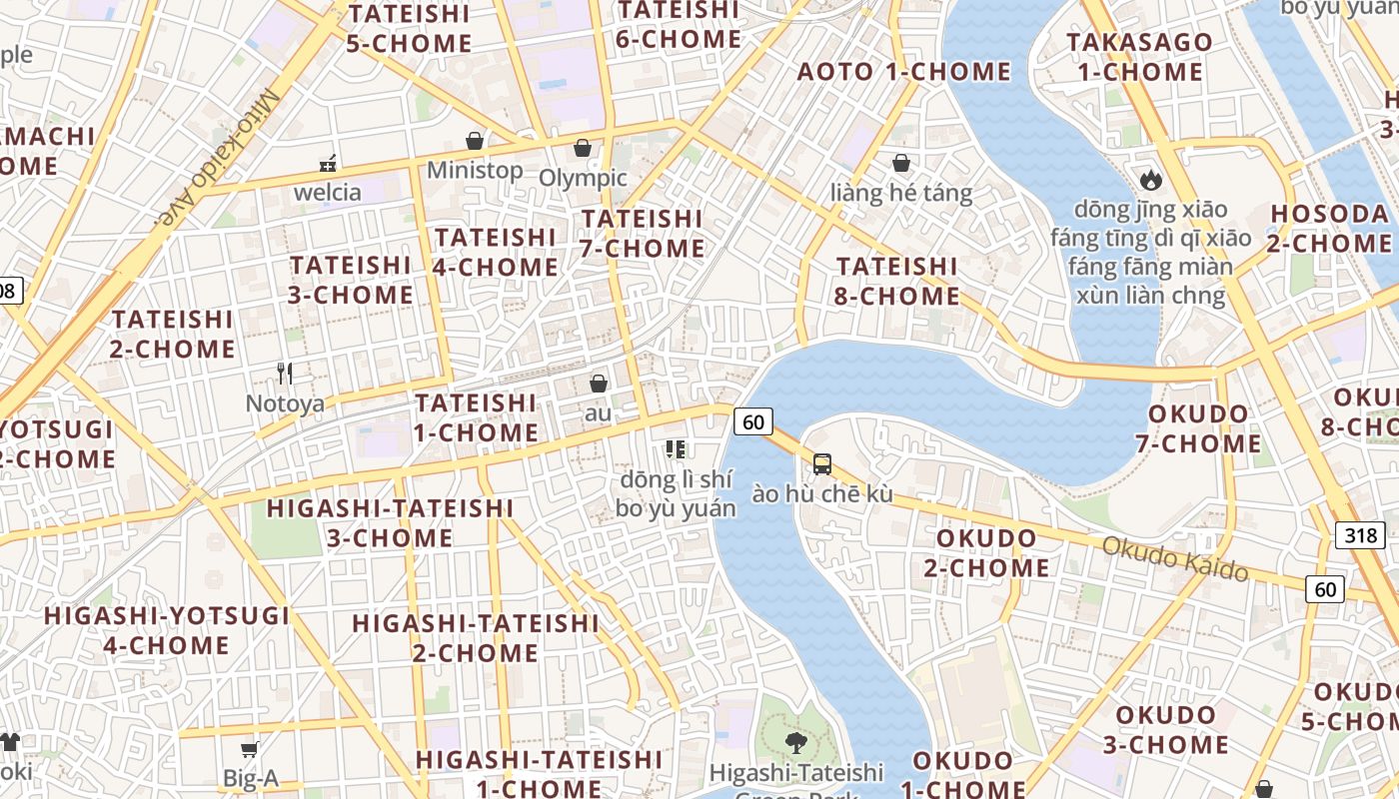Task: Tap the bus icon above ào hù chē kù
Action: coord(821,463)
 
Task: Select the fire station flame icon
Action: coord(1150,180)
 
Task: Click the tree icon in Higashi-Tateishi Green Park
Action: coord(795,742)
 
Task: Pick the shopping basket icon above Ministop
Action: coord(475,141)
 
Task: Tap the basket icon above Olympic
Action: coord(583,149)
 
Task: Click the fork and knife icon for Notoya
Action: coord(285,374)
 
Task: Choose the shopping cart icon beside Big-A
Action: coord(249,749)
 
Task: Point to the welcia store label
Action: coord(327,192)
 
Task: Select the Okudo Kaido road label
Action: coord(1175,557)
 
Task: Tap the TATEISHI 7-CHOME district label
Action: coord(642,233)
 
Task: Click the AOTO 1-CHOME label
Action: coord(903,71)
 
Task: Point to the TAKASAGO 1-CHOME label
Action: coord(1139,57)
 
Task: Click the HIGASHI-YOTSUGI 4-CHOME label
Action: coord(167,630)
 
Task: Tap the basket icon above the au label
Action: coord(598,384)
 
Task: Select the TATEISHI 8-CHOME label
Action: coord(896,281)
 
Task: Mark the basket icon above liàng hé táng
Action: coord(901,163)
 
